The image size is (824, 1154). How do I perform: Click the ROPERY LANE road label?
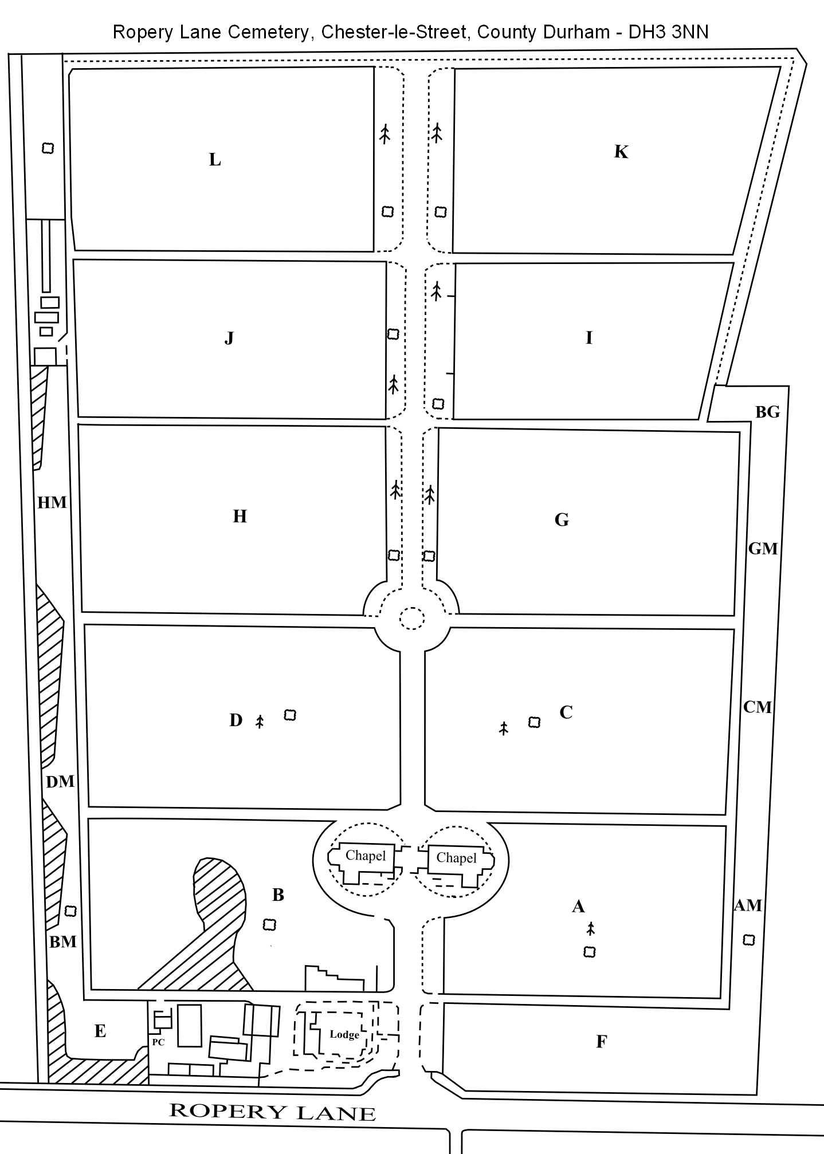click(273, 1112)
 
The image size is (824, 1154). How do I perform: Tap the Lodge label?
click(344, 1034)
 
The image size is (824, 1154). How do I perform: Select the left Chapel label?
click(366, 856)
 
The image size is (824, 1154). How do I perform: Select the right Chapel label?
click(456, 857)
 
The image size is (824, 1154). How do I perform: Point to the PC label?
click(158, 1042)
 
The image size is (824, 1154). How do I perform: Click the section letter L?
click(215, 160)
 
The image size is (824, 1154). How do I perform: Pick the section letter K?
click(621, 152)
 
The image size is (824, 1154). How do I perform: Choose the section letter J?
click(229, 338)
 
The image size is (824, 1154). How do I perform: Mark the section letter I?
click(589, 338)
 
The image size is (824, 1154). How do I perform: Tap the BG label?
click(768, 412)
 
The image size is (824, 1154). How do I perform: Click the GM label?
click(763, 549)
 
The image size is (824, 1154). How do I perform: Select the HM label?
click(52, 502)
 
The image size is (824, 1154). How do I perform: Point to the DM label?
click(60, 781)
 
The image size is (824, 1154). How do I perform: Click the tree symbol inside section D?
click(260, 721)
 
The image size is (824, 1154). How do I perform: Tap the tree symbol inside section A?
click(591, 928)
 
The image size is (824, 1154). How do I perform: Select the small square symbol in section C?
click(534, 722)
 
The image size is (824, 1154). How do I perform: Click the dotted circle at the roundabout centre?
click(412, 619)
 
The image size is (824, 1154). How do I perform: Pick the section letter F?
click(602, 1042)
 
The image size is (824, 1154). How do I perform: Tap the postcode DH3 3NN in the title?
click(668, 32)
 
